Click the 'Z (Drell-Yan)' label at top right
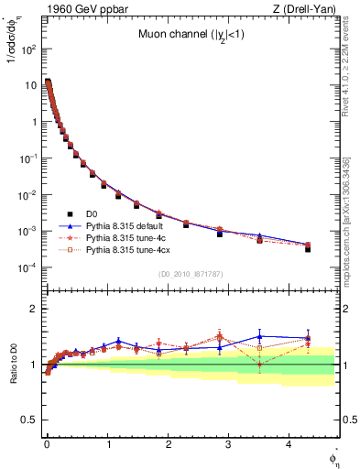click(306, 9)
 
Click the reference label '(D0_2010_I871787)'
click(189, 273)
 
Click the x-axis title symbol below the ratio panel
click(333, 457)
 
